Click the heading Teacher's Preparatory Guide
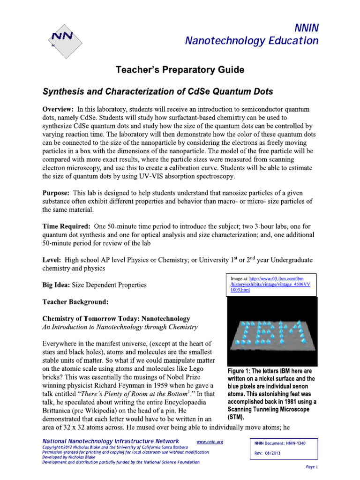pyautogui.click(x=180, y=70)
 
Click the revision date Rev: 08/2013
pyautogui.click(x=269, y=453)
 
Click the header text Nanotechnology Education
pyautogui.click(x=252, y=41)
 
